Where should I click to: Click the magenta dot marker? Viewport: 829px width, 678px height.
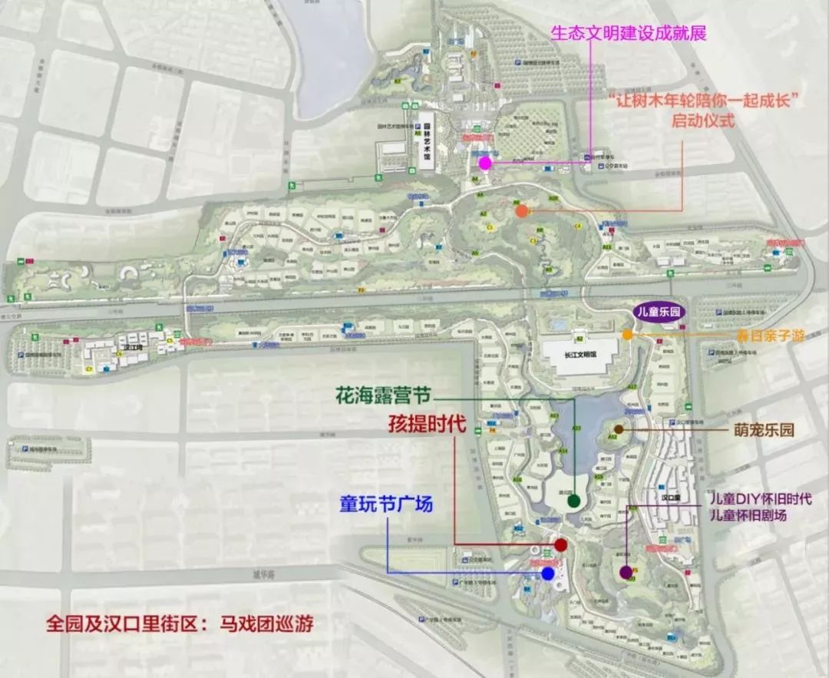point(484,163)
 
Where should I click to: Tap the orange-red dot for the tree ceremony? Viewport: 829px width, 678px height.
point(521,210)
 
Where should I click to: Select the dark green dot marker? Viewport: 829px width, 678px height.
point(573,501)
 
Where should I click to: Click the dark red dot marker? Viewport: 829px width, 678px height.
point(560,545)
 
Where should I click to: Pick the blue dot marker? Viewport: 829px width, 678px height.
point(548,573)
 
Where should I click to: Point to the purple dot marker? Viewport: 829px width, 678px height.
point(626,571)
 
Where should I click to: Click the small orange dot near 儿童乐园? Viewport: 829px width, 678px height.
point(628,334)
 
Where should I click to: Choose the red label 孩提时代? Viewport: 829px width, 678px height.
point(425,423)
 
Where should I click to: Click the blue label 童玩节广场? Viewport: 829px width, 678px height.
point(386,504)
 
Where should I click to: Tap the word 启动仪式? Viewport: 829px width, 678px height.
point(703,121)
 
